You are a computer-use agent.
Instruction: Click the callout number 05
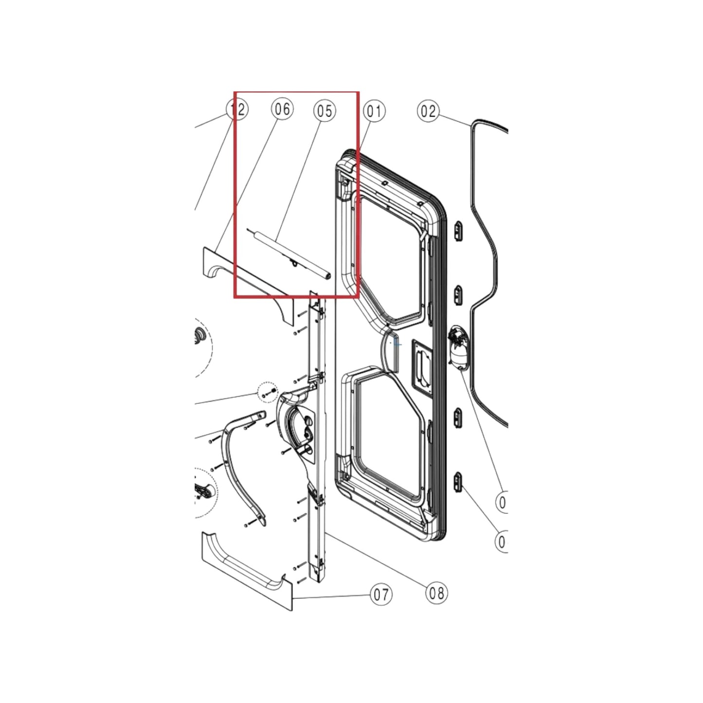tap(324, 111)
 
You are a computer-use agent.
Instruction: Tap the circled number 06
tap(282, 109)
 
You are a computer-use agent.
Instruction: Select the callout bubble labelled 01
tap(374, 111)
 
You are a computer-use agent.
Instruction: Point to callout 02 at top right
tap(428, 111)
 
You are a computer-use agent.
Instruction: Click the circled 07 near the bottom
tap(381, 595)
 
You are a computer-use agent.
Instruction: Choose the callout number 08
tap(436, 593)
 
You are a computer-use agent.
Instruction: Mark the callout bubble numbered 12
tap(237, 109)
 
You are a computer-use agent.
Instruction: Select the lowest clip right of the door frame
tap(458, 483)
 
